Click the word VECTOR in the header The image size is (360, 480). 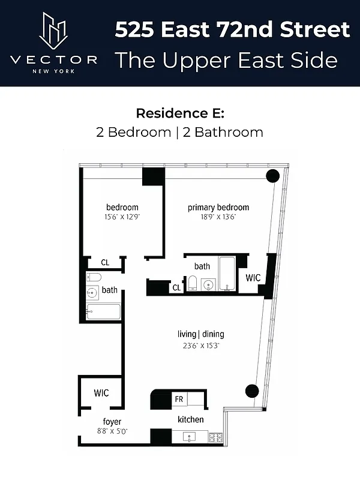(x=54, y=59)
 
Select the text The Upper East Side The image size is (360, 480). (x=226, y=60)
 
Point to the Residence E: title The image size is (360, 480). (x=179, y=113)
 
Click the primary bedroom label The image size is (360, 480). (x=218, y=208)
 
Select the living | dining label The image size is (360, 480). (x=200, y=334)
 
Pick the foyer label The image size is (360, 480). (x=112, y=422)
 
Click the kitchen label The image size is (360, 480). (x=190, y=419)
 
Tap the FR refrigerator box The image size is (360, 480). (x=179, y=399)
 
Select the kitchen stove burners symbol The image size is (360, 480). (x=215, y=438)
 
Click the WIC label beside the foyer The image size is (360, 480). (x=101, y=393)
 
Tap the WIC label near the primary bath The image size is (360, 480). (x=253, y=278)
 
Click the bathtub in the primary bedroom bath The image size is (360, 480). (x=227, y=274)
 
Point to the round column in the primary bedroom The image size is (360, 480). (x=272, y=176)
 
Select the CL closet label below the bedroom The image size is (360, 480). (x=105, y=263)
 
